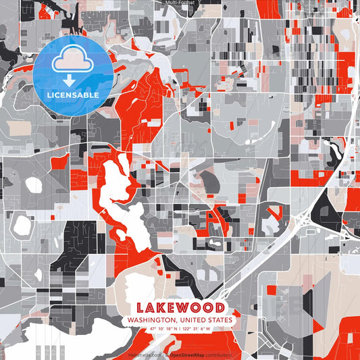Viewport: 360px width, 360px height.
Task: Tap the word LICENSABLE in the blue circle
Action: click(72, 95)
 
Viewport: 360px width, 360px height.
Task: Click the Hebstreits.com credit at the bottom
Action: click(146, 354)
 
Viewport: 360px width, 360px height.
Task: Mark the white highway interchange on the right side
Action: click(304, 220)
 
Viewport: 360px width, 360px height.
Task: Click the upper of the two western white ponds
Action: click(32, 184)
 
